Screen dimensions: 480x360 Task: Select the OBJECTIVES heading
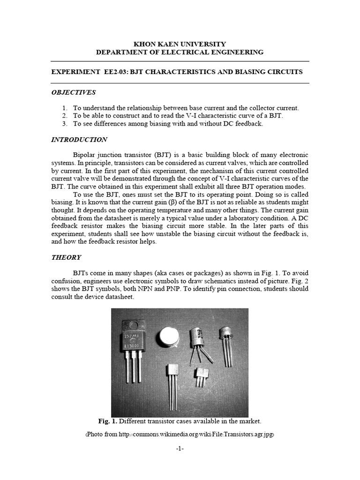pyautogui.click(x=73, y=92)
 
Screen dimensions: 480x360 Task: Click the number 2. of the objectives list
pyautogui.click(x=65, y=116)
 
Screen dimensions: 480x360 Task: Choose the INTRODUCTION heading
pyautogui.click(x=79, y=140)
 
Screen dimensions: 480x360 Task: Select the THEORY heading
pyautogui.click(x=66, y=257)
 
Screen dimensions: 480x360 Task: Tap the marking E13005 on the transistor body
pyautogui.click(x=133, y=345)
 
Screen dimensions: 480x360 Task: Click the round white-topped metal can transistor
pyautogui.click(x=166, y=337)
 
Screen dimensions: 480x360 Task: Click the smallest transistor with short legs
pyautogui.click(x=202, y=376)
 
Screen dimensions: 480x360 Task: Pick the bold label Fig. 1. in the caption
pyautogui.click(x=108, y=421)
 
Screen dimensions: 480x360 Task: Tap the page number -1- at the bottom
pyautogui.click(x=180, y=449)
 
